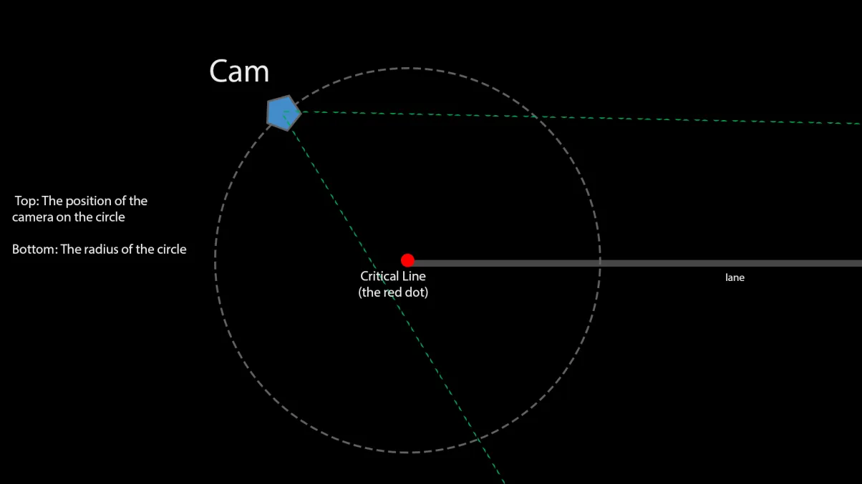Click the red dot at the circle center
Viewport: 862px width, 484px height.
tap(407, 260)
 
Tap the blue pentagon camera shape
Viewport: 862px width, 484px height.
tap(284, 113)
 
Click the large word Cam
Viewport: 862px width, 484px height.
tap(239, 71)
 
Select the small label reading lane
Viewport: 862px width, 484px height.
tap(735, 277)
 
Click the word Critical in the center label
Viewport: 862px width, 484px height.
tap(379, 276)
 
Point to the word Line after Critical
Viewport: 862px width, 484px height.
tap(414, 276)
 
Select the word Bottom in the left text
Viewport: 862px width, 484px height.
tap(34, 250)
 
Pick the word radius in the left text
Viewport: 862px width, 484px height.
tap(100, 250)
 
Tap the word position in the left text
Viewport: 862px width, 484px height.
tap(95, 202)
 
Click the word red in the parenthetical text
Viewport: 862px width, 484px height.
tap(392, 292)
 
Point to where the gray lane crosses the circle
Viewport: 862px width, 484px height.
tap(600, 263)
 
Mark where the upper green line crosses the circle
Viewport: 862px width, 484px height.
tap(536, 116)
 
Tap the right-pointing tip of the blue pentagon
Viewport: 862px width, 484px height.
tap(301, 112)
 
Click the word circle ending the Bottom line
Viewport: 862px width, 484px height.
tap(172, 250)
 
